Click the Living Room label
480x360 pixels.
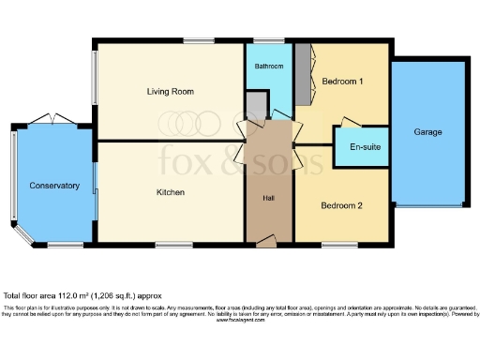[x=170, y=91]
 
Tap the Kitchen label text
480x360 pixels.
[x=170, y=192]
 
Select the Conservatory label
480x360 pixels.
[x=53, y=186]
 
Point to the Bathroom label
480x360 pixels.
[x=269, y=67]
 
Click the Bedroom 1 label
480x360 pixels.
[x=342, y=82]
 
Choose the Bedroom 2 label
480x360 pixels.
[x=341, y=205]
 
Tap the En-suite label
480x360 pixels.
[x=363, y=147]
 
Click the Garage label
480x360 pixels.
[x=428, y=133]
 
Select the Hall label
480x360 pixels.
[x=267, y=198]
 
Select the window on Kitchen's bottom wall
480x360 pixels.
[x=170, y=245]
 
